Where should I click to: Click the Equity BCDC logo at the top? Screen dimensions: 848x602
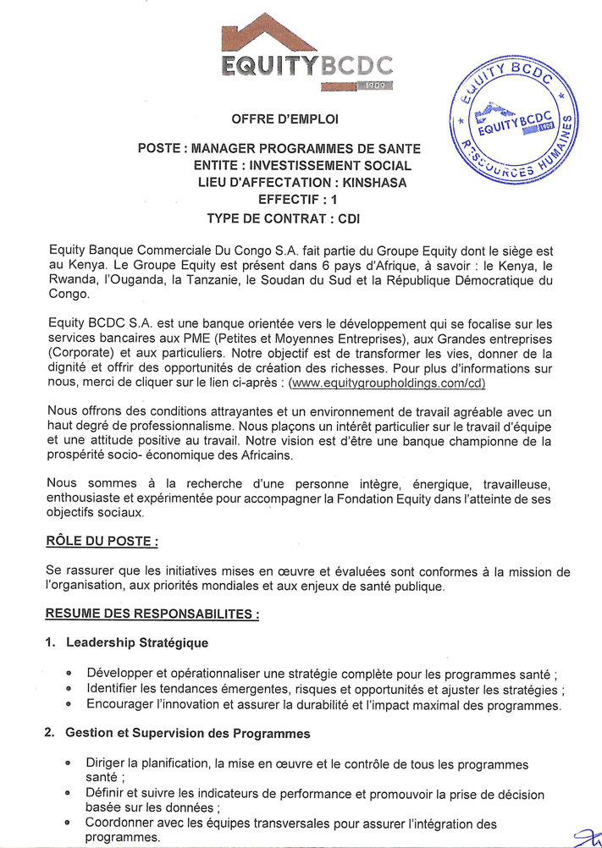tap(307, 53)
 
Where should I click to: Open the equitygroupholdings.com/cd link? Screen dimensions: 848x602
tap(389, 383)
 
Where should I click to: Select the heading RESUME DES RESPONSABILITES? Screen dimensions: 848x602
tap(152, 614)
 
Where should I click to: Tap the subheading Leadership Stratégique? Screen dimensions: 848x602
tap(137, 643)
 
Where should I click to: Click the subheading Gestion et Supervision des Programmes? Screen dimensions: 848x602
tap(188, 733)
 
